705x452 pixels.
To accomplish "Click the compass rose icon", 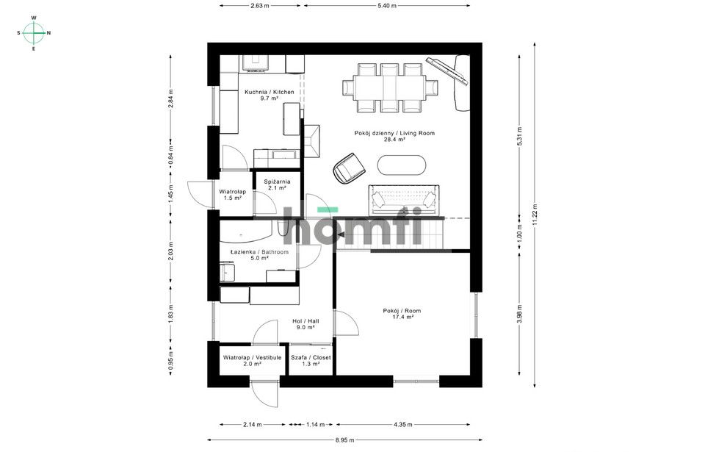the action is [x=34, y=33].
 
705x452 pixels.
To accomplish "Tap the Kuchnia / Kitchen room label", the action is [x=270, y=95].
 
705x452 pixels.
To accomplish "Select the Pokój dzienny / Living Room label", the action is [x=394, y=136].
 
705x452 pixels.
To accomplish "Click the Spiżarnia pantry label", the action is [x=277, y=184].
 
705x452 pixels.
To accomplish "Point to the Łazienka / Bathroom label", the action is [x=259, y=255].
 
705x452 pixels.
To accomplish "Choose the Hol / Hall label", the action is [x=305, y=324].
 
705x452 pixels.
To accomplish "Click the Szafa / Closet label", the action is [x=311, y=361].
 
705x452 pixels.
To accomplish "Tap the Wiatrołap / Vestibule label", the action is [x=252, y=361].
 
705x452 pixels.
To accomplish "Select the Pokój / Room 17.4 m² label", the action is [x=402, y=314].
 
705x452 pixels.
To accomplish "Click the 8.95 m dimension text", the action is [x=345, y=440].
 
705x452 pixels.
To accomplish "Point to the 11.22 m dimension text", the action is [x=535, y=215].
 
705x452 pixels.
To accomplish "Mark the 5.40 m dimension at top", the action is [x=387, y=6].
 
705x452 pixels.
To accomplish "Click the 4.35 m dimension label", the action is [x=402, y=424].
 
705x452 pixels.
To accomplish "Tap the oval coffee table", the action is [x=401, y=165].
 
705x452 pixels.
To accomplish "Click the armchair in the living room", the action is [x=349, y=168].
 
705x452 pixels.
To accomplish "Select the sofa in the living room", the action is [x=404, y=200].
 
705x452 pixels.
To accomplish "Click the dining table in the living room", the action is [x=389, y=87].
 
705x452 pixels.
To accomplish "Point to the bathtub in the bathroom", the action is [x=246, y=232].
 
